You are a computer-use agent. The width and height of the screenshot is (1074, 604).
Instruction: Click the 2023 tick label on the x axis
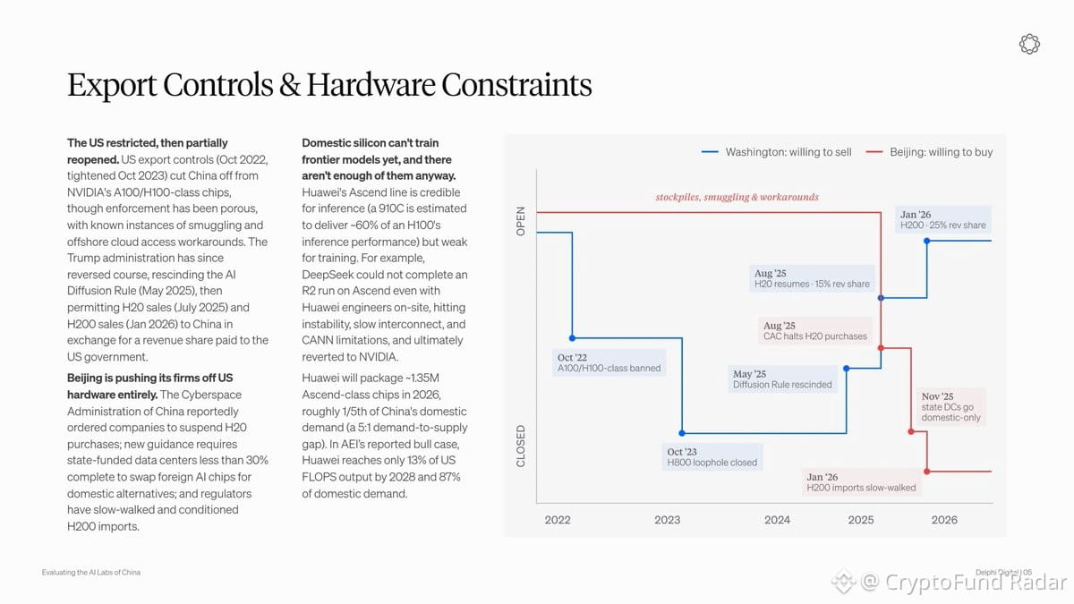pyautogui.click(x=667, y=520)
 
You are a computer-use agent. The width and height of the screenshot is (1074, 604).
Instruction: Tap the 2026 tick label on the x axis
pyautogui.click(x=944, y=520)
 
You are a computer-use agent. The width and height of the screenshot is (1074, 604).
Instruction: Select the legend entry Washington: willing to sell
pyautogui.click(x=776, y=152)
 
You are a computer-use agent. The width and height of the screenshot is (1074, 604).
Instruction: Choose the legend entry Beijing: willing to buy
pyautogui.click(x=929, y=152)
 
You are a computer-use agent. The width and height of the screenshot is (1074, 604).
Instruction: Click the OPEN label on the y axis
pyautogui.click(x=521, y=221)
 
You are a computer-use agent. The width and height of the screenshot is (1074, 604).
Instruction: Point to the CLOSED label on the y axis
pyautogui.click(x=521, y=446)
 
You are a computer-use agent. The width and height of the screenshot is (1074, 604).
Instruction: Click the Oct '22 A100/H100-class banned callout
pyautogui.click(x=609, y=363)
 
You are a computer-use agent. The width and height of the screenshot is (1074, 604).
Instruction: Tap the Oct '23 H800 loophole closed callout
pyautogui.click(x=712, y=457)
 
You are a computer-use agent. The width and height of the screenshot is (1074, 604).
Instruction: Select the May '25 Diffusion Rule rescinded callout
pyautogui.click(x=782, y=379)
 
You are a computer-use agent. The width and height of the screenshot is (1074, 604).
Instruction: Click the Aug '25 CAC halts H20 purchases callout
pyautogui.click(x=815, y=331)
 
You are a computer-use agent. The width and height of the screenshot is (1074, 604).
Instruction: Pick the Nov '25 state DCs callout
pyautogui.click(x=950, y=406)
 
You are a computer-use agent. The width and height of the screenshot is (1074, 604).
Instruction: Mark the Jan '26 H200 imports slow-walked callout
pyautogui.click(x=861, y=482)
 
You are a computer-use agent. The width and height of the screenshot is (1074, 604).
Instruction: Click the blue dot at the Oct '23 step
pyautogui.click(x=682, y=433)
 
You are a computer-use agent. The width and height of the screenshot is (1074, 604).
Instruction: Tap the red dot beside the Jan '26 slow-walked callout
pyautogui.click(x=927, y=472)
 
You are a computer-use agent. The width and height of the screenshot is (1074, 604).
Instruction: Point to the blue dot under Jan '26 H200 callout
pyautogui.click(x=927, y=241)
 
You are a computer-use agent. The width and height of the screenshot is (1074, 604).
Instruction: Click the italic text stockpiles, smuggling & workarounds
pyautogui.click(x=737, y=197)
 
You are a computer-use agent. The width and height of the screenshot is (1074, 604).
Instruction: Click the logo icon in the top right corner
pyautogui.click(x=1029, y=44)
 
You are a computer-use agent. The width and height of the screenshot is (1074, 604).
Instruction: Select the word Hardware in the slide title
pyautogui.click(x=371, y=85)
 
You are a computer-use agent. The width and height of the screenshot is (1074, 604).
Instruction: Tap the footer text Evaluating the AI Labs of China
pyautogui.click(x=91, y=573)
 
